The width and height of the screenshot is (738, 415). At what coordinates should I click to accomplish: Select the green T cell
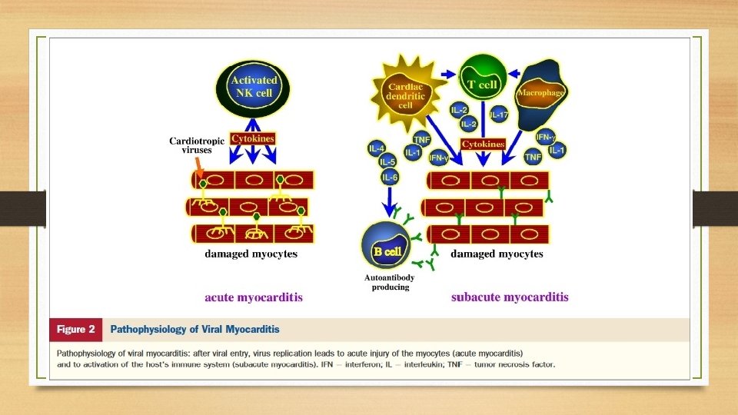point(484,81)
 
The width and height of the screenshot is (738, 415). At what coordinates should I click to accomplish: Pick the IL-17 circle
point(498,115)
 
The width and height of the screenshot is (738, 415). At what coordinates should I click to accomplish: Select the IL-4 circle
point(377,148)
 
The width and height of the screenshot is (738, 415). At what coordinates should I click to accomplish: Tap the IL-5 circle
point(387,163)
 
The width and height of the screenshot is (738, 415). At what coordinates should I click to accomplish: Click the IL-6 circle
point(391,178)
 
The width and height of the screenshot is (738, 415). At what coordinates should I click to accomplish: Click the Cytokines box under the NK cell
point(252,139)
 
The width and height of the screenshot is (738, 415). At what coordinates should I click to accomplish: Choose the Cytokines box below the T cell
point(483,144)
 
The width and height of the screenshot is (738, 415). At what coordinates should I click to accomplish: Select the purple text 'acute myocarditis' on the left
point(253,297)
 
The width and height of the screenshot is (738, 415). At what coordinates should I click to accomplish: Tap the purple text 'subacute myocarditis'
point(510,297)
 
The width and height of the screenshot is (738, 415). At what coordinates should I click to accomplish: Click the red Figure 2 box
point(75,329)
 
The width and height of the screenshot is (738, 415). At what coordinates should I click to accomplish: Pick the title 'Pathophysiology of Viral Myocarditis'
point(194,329)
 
